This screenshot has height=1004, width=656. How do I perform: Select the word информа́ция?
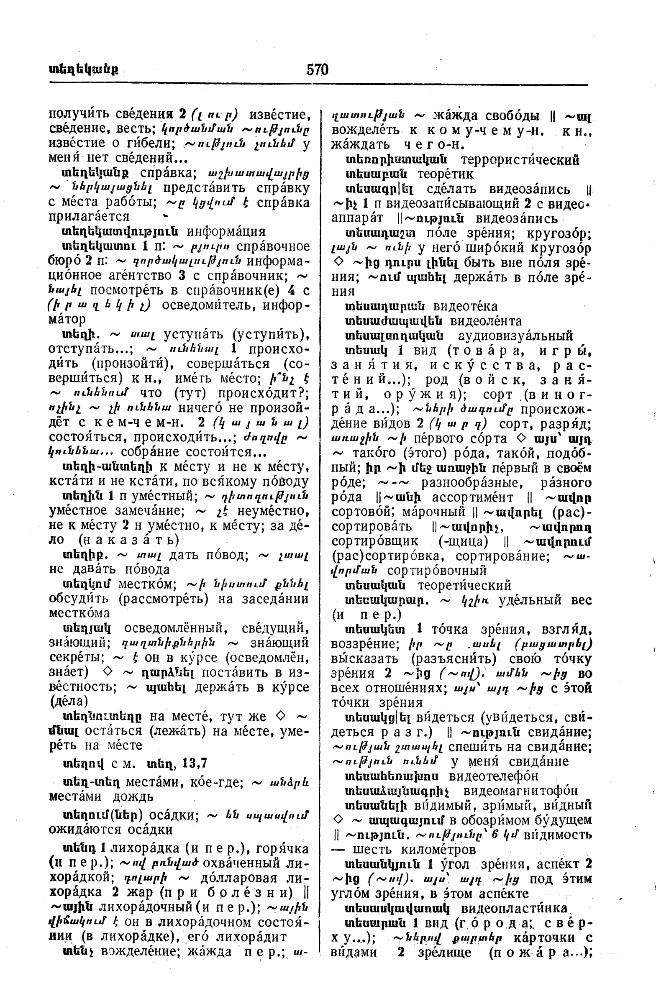pos(226,232)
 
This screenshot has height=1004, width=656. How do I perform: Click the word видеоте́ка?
pos(465,306)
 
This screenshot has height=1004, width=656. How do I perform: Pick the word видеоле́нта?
pos(486,320)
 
